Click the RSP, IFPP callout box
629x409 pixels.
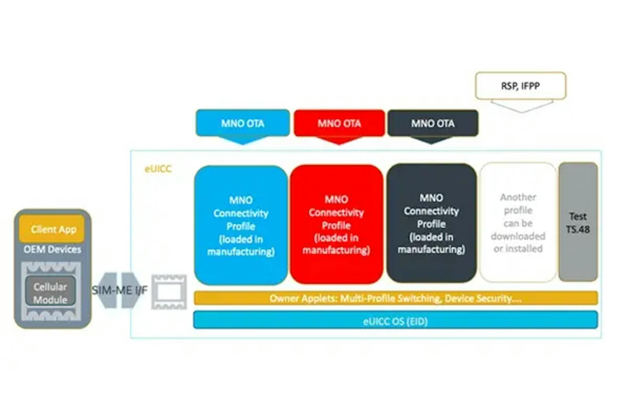pos(520,86)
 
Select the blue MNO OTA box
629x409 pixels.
pos(242,123)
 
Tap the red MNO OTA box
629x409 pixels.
pos(339,123)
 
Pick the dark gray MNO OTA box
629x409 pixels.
pos(433,123)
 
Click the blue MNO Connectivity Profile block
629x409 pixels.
pos(241,225)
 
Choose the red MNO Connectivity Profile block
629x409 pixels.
pos(336,224)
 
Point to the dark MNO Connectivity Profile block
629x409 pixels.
pos(431,223)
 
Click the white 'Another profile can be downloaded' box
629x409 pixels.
pos(518,222)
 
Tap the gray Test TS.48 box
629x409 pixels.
pos(578,222)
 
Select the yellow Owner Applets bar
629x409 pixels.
pos(396,298)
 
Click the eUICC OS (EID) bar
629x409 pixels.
pos(395,320)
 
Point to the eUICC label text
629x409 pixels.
pos(158,169)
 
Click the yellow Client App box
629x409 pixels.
pos(52,229)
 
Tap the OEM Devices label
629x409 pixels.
pos(52,249)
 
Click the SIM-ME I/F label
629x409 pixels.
pos(120,290)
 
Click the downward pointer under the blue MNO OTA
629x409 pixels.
pos(242,140)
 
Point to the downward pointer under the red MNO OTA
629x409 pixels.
pos(339,140)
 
